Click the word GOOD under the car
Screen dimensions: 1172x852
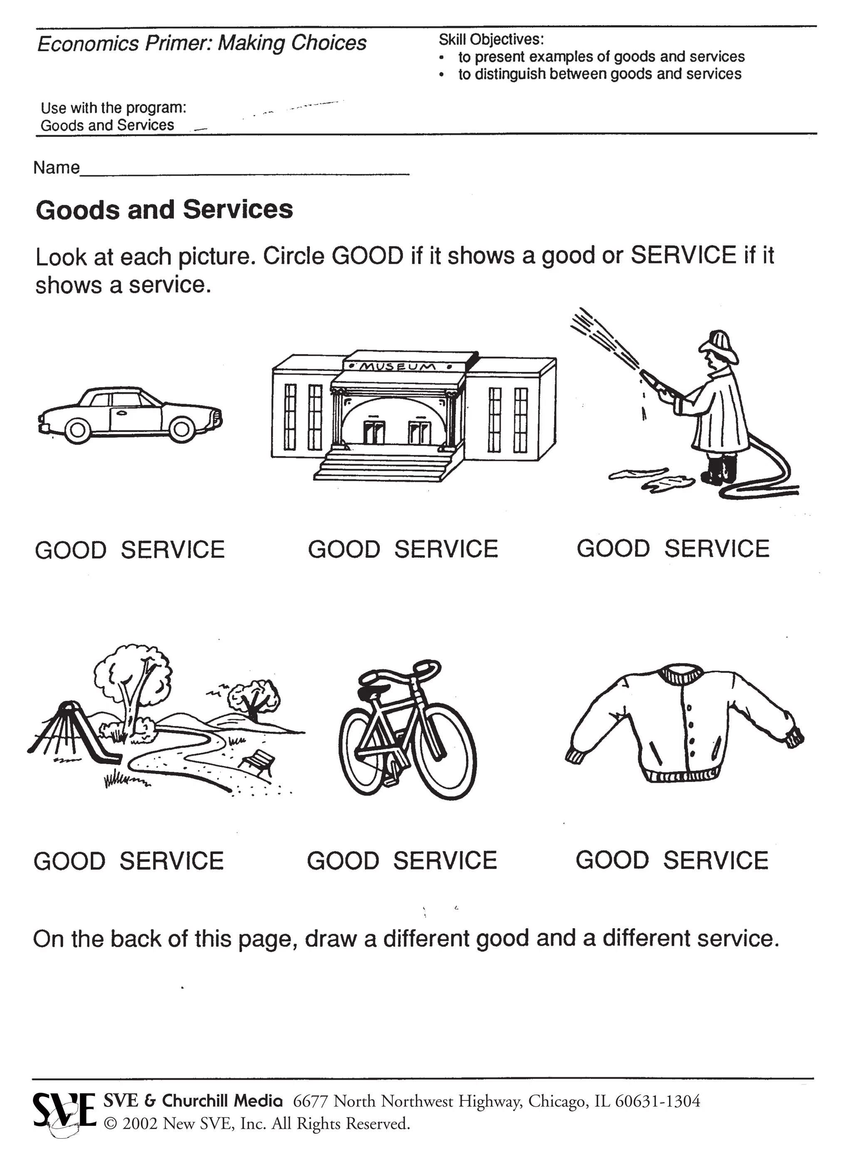(x=71, y=550)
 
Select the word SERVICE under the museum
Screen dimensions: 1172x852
(x=446, y=549)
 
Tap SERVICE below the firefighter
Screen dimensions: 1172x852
(x=717, y=549)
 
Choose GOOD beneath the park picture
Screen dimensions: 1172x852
(x=70, y=862)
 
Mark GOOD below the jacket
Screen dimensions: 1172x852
(x=612, y=860)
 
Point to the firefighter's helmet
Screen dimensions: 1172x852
(x=718, y=345)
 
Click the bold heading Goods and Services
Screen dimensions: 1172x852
(x=164, y=210)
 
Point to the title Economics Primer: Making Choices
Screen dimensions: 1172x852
(x=201, y=43)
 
